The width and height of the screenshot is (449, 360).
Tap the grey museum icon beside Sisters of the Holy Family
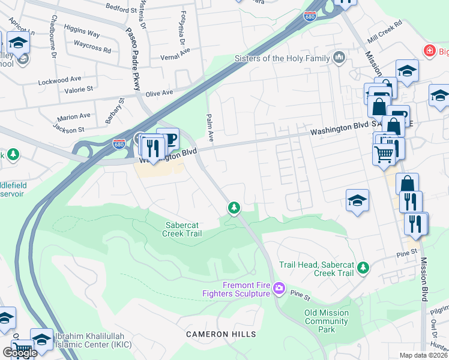(x=339, y=58)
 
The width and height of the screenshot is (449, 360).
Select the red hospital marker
(x=429, y=51)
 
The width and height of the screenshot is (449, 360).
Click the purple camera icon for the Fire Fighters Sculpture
(x=279, y=289)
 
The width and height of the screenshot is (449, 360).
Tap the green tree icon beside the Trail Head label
(x=363, y=268)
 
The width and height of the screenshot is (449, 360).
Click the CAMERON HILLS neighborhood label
(x=221, y=334)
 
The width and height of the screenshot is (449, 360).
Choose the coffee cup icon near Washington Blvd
(x=167, y=139)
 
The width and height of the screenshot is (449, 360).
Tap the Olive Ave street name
(x=159, y=93)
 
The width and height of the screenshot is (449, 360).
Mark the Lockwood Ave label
(x=59, y=79)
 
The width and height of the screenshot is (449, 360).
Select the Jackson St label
(x=68, y=128)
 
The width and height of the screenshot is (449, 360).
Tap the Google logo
(x=20, y=352)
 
